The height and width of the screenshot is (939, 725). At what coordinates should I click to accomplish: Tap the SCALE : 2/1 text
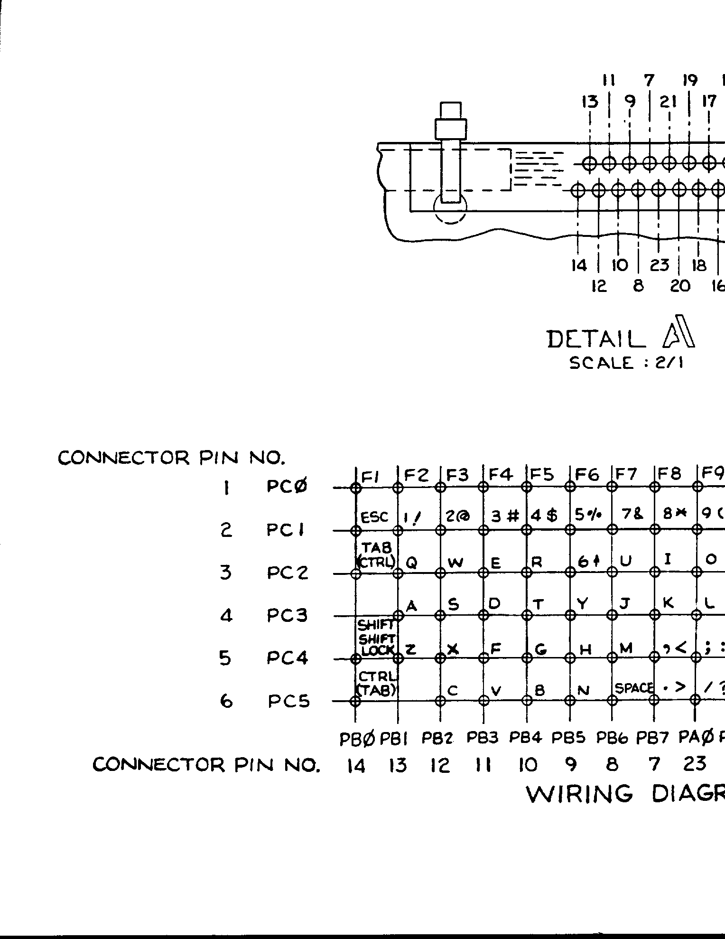[626, 363]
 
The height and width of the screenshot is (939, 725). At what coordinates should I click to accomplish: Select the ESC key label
[374, 517]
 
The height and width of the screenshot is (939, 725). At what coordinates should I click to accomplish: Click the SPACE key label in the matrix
[634, 688]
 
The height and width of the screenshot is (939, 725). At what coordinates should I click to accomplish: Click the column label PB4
[525, 738]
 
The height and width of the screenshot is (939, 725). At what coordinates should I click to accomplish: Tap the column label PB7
[652, 738]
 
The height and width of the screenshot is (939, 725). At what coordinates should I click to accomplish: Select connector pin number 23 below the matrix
[695, 764]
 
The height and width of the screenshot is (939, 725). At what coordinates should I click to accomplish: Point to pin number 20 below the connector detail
[679, 286]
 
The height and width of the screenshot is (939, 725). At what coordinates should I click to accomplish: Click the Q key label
[412, 563]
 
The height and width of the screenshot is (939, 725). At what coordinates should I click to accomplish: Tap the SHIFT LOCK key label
[375, 646]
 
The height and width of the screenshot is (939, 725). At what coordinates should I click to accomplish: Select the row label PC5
[288, 701]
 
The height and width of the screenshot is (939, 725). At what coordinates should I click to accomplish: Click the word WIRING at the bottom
[580, 794]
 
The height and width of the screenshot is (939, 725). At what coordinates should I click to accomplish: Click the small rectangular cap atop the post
[450, 110]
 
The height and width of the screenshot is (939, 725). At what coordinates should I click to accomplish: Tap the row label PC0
[287, 487]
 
